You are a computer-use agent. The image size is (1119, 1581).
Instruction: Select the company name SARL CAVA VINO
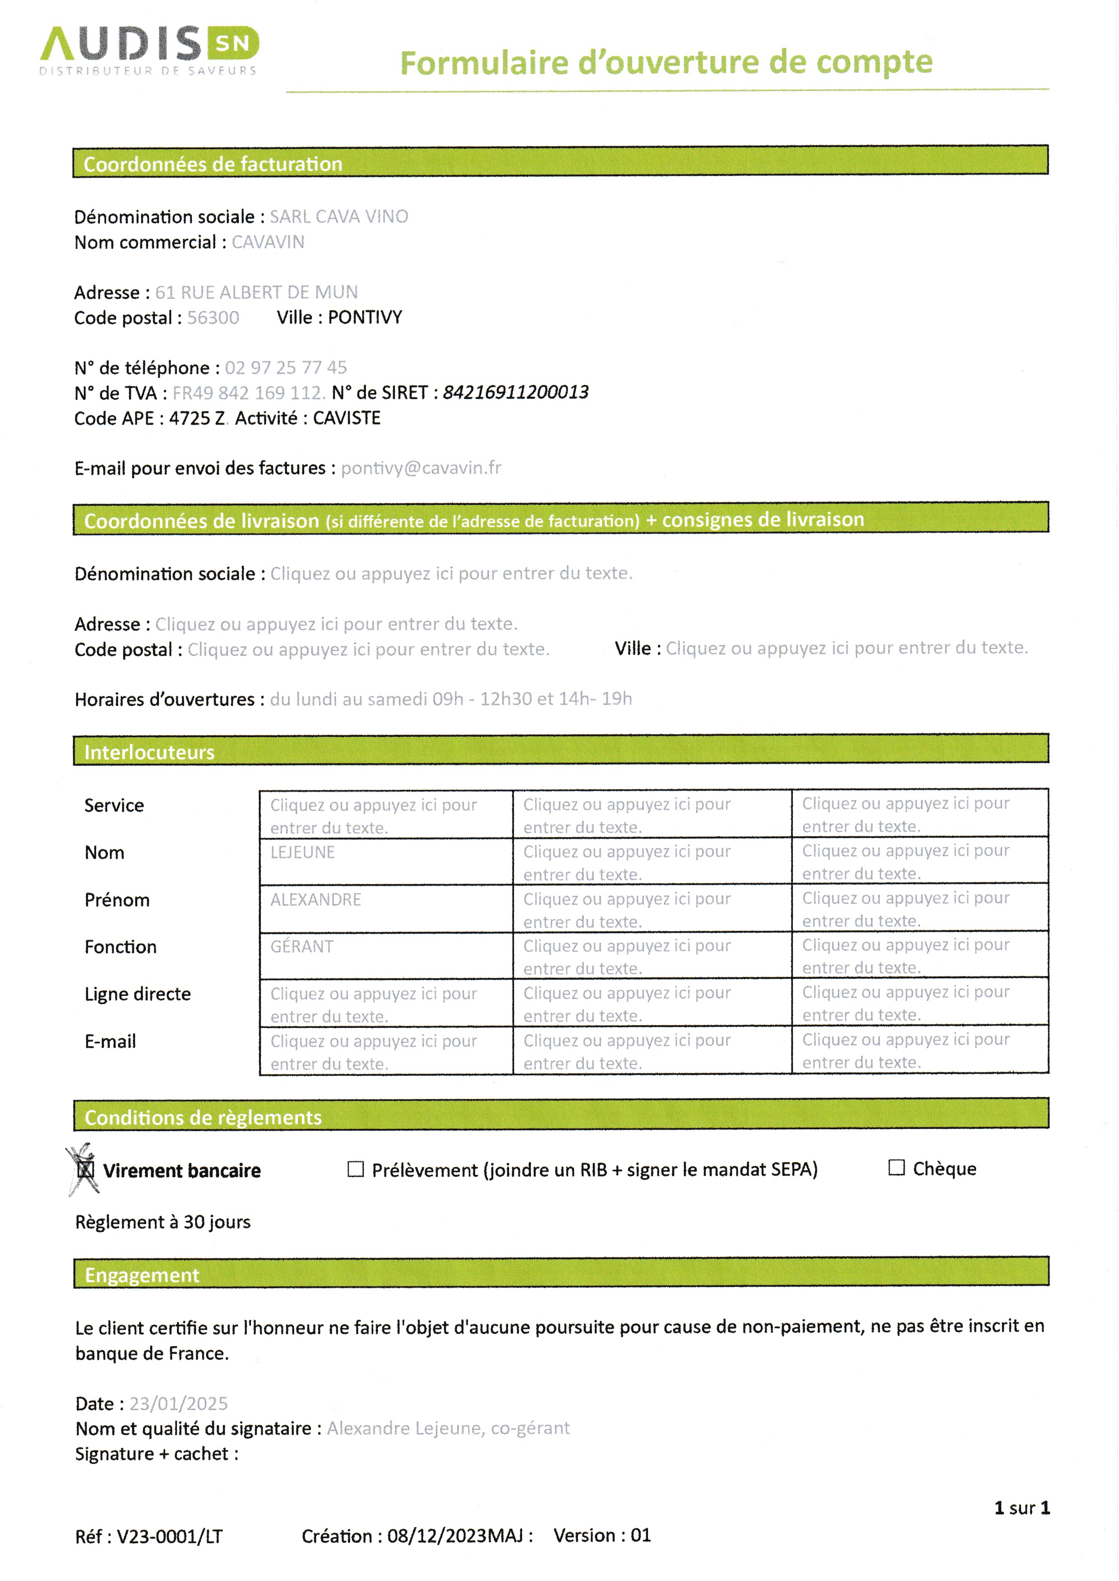[338, 217]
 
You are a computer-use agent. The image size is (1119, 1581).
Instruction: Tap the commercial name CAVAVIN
[268, 243]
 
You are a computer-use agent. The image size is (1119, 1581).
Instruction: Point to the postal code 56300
[213, 318]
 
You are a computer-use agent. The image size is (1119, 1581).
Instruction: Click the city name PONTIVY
[365, 317]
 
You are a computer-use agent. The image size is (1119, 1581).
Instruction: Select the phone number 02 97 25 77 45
[286, 368]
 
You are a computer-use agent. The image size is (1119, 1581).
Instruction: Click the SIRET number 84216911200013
[515, 393]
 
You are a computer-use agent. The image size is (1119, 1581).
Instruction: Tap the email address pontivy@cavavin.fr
[421, 468]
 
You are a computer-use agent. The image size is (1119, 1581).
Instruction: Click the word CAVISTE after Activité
[347, 418]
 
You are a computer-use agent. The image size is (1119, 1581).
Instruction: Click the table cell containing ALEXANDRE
[386, 908]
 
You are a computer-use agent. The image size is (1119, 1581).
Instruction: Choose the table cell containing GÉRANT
[386, 956]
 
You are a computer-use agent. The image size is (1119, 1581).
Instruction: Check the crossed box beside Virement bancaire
[85, 1170]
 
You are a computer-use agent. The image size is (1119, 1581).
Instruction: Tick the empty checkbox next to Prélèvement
[356, 1169]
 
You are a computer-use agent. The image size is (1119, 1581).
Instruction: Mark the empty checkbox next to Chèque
[896, 1168]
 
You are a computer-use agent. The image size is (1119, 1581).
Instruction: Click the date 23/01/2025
[179, 1403]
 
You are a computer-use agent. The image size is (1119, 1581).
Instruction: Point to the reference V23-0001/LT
[170, 1536]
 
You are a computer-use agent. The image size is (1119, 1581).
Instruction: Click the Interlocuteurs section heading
[149, 752]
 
